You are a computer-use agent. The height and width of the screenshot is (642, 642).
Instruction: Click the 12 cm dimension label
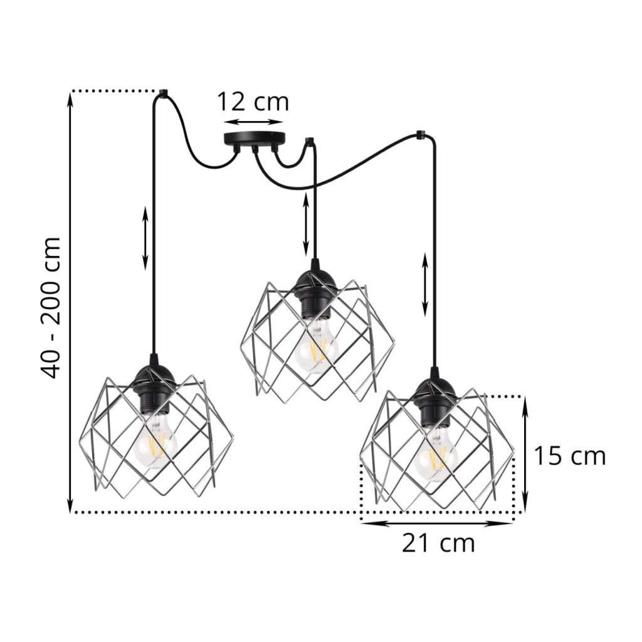click(x=253, y=102)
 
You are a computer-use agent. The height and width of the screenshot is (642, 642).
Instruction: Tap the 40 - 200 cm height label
click(x=51, y=308)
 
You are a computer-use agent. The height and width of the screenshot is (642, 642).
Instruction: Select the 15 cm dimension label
click(x=570, y=456)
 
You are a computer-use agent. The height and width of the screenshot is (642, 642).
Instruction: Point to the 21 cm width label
click(x=438, y=544)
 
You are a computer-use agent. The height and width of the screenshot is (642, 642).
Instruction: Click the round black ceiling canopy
click(x=254, y=140)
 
